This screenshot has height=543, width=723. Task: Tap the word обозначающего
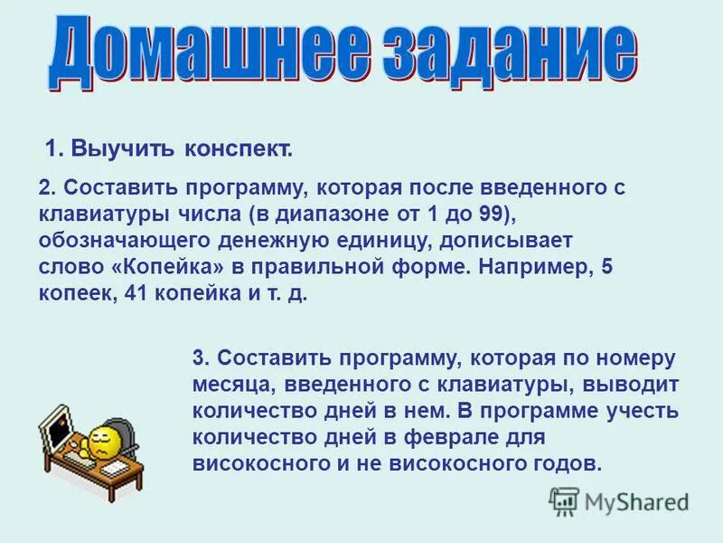124,243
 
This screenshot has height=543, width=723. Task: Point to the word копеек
74,295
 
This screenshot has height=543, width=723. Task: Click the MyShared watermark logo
619,501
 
